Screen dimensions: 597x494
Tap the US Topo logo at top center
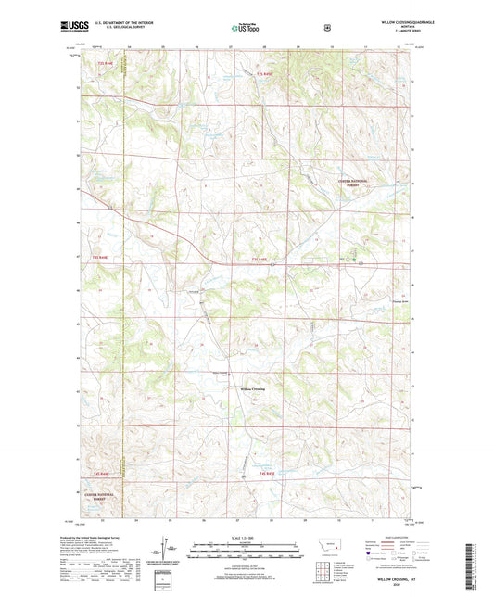(247, 29)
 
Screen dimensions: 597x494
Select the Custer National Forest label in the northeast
(352, 184)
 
